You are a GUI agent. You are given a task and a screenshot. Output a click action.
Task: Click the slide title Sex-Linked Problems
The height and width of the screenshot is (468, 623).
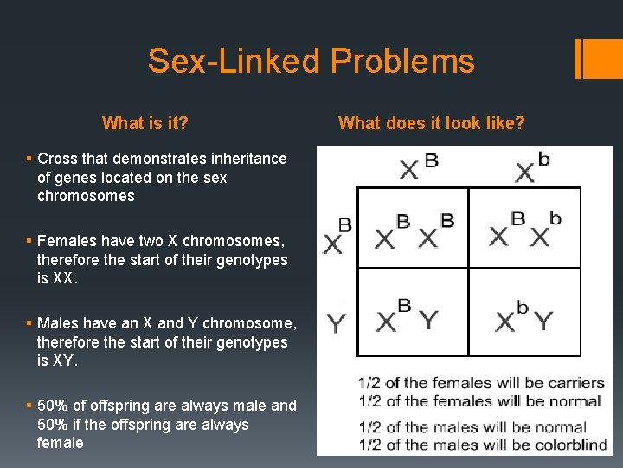(311, 62)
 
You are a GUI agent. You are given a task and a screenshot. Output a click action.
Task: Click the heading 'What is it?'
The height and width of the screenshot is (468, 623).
(145, 123)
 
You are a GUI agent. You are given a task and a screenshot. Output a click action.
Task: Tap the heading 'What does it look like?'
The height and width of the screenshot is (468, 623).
(431, 123)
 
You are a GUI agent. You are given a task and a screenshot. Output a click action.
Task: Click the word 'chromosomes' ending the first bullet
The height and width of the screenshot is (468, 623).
(86, 196)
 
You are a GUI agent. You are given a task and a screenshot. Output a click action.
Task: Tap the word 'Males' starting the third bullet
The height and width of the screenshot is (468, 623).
(58, 323)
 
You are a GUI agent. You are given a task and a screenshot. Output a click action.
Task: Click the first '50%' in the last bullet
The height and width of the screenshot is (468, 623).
(55, 406)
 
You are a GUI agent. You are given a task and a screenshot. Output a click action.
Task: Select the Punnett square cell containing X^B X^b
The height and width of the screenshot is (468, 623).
(524, 228)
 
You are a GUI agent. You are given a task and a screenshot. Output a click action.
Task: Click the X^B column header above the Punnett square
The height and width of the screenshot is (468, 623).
(418, 166)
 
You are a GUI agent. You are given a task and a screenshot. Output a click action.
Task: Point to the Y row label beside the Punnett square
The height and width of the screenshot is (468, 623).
(337, 323)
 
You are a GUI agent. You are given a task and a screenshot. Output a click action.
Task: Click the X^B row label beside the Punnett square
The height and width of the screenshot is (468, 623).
(337, 236)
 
